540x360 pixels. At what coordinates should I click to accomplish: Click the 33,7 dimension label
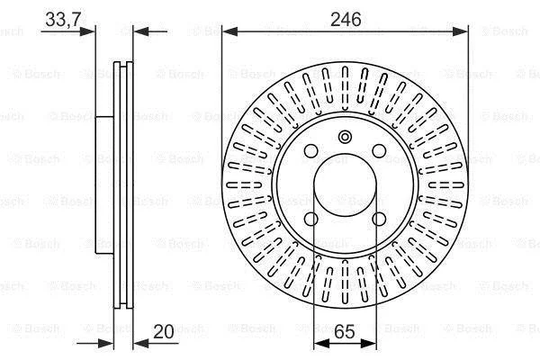pos(63,19)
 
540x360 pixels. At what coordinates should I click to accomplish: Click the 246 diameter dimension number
pos(346,19)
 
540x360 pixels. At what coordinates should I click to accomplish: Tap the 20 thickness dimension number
pos(163,331)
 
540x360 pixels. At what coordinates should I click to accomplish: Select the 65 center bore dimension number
pos(345,331)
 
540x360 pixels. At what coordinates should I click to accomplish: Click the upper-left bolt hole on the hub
pos(311,151)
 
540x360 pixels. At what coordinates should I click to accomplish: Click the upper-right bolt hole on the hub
pos(379,151)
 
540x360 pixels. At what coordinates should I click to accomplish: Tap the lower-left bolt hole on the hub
pos(311,219)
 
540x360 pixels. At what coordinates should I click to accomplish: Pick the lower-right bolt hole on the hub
pos(379,219)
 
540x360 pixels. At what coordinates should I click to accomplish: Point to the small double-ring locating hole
pos(345,137)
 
